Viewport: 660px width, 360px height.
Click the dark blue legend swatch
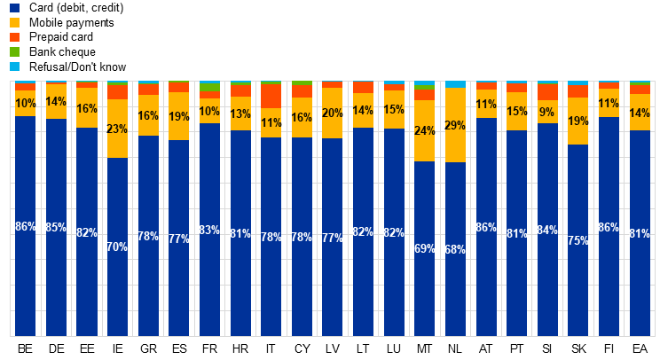(x=14, y=8)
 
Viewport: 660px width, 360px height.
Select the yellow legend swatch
(x=14, y=22)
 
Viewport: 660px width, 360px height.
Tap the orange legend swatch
(x=14, y=37)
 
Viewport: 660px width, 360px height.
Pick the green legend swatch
(x=14, y=51)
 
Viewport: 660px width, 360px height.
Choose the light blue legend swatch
(x=14, y=67)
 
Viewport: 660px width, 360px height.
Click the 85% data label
(x=56, y=228)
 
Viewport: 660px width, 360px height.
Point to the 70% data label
(x=117, y=247)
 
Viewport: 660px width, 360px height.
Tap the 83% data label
(x=209, y=231)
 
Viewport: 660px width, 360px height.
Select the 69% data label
(x=425, y=249)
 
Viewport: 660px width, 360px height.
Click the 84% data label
(x=547, y=231)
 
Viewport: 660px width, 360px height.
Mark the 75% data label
(x=578, y=241)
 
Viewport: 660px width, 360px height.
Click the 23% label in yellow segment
(x=117, y=129)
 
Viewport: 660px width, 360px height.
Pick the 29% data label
(x=455, y=126)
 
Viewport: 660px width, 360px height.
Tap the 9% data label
(x=547, y=113)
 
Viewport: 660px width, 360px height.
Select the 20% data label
(x=333, y=113)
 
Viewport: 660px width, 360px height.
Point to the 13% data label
(x=240, y=114)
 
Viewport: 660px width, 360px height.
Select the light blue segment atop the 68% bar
(x=455, y=84)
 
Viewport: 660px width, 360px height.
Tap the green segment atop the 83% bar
(x=209, y=87)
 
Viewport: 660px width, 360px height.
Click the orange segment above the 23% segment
(x=117, y=91)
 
